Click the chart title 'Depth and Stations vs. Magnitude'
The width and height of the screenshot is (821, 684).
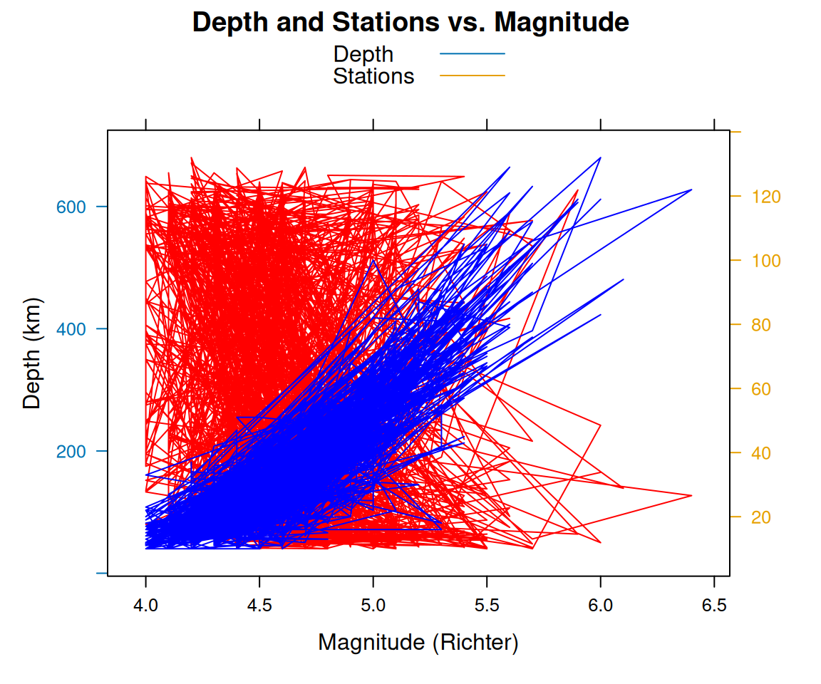point(410,23)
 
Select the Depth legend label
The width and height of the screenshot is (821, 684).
point(363,54)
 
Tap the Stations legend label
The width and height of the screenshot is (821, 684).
point(373,76)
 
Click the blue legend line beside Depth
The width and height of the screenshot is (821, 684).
point(472,53)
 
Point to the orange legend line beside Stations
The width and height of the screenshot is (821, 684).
point(472,76)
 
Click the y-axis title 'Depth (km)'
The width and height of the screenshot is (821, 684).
point(32,353)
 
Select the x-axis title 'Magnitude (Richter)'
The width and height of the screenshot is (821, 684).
point(418,643)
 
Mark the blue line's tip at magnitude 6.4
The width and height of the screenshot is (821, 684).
point(691,190)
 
